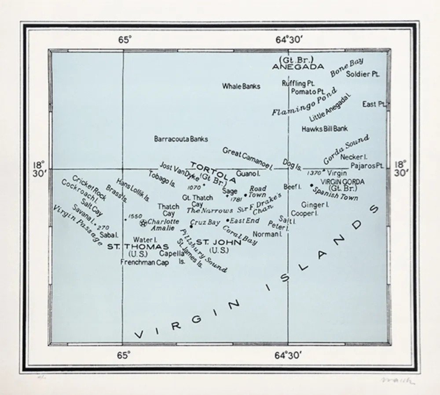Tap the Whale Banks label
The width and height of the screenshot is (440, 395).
click(x=241, y=86)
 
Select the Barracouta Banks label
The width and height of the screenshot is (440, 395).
click(x=181, y=139)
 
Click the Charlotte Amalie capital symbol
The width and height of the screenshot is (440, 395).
click(x=143, y=223)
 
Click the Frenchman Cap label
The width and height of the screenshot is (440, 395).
click(x=144, y=262)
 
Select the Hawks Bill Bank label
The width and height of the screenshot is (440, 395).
click(x=325, y=129)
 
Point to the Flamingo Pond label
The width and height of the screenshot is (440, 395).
click(x=304, y=101)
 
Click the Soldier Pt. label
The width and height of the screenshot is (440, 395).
click(x=363, y=74)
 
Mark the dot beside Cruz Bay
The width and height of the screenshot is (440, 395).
click(x=191, y=226)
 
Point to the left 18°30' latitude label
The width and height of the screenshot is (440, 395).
click(x=39, y=169)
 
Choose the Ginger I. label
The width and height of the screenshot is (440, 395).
click(x=315, y=205)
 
